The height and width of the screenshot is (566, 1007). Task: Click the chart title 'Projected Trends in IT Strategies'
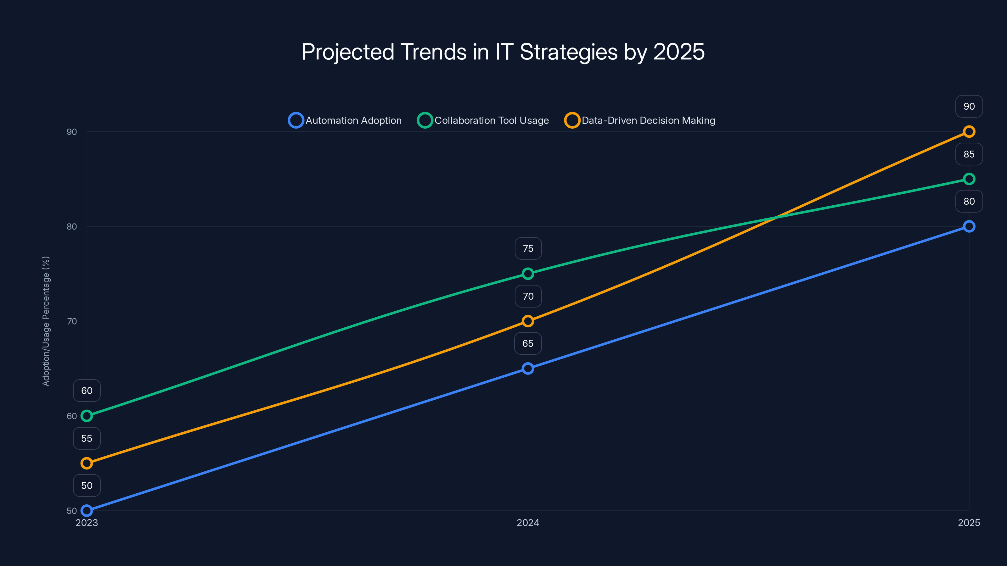[503, 52]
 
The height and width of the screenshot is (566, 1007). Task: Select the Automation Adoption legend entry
[345, 120]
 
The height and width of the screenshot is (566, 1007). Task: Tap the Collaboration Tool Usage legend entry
[483, 120]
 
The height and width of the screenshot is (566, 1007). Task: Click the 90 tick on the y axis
[71, 132]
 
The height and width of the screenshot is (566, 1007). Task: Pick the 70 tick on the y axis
[71, 321]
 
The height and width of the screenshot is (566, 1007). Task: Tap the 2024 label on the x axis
[528, 523]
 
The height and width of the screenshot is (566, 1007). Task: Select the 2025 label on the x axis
[969, 523]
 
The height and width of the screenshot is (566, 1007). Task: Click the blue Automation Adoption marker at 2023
[87, 511]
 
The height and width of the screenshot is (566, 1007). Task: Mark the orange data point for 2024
[528, 321]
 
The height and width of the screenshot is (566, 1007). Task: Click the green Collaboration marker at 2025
[969, 179]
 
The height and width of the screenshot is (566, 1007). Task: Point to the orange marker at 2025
[969, 132]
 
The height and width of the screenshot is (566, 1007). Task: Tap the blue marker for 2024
[528, 368]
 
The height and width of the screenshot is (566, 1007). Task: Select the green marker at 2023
[87, 416]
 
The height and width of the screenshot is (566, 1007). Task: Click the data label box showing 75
[528, 248]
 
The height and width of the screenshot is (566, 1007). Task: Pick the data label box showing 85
[969, 154]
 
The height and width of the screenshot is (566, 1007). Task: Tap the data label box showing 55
[87, 438]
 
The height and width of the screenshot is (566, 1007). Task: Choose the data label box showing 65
[528, 343]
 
